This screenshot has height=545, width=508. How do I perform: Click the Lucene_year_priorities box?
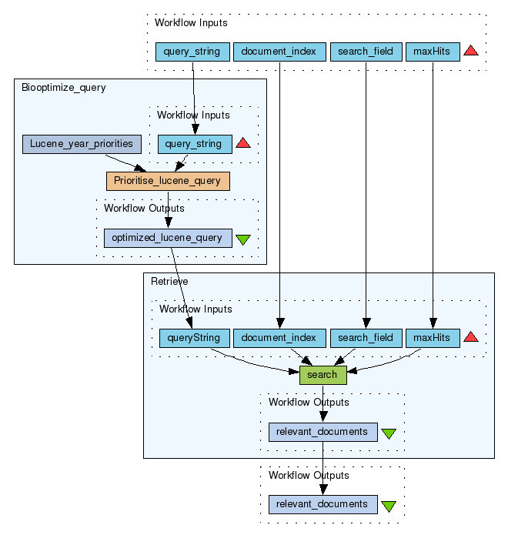pyautogui.click(x=82, y=143)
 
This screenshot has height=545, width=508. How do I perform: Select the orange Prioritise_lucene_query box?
pyautogui.click(x=168, y=181)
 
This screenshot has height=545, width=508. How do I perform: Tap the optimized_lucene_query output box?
pyautogui.click(x=167, y=238)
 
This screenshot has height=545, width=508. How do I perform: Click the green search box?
pyautogui.click(x=323, y=375)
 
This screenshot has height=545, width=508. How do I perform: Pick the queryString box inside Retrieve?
pyautogui.click(x=194, y=338)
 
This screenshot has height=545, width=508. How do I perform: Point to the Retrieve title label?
pyautogui.click(x=169, y=282)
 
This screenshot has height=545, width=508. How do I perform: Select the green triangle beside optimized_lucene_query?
pyautogui.click(x=243, y=239)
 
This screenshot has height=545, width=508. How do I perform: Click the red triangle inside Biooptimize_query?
pyautogui.click(x=243, y=143)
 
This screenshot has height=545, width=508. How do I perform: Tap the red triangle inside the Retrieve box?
pyautogui.click(x=471, y=337)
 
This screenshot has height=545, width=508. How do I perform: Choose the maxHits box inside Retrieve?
pyautogui.click(x=433, y=338)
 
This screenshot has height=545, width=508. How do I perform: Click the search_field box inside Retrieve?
pyautogui.click(x=366, y=338)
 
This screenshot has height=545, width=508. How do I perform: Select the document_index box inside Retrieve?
pyautogui.click(x=279, y=338)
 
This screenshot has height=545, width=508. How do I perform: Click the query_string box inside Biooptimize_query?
pyautogui.click(x=194, y=144)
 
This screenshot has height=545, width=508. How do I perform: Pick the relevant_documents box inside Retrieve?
pyautogui.click(x=323, y=432)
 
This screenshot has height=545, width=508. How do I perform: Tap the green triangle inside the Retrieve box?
pyautogui.click(x=389, y=433)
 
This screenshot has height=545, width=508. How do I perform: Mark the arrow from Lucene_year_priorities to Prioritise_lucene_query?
pyautogui.click(x=123, y=162)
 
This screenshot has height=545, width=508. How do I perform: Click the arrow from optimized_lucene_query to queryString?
pyautogui.click(x=181, y=289)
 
